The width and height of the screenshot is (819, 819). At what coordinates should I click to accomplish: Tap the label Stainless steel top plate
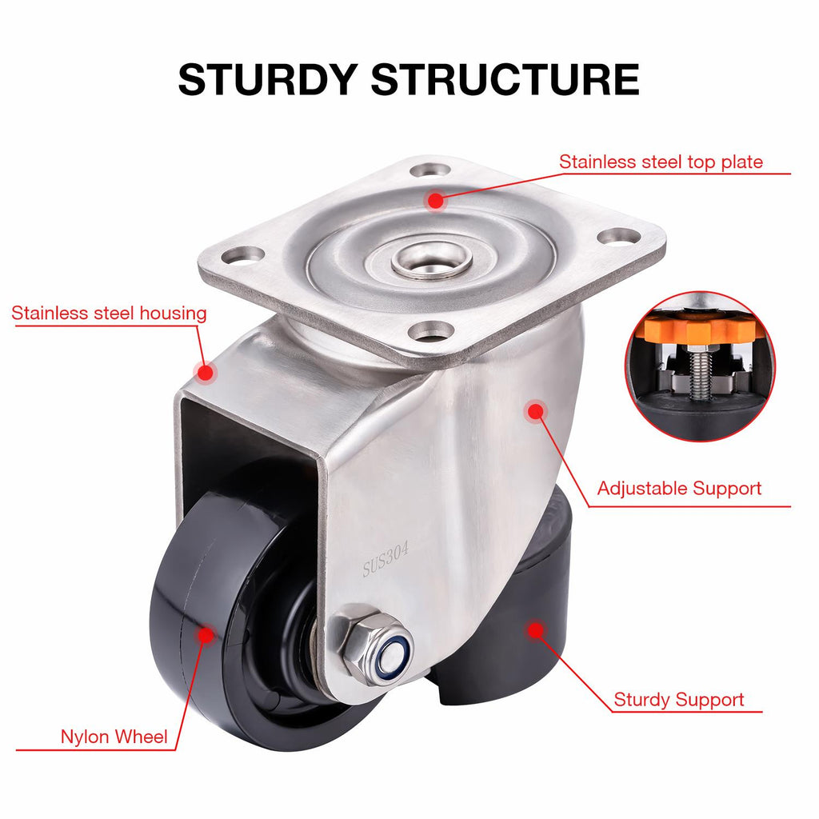pyautogui.click(x=661, y=162)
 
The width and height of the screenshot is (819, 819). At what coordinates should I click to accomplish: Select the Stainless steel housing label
pyautogui.click(x=109, y=314)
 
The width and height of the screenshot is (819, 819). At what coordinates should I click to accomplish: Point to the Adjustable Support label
pyautogui.click(x=680, y=488)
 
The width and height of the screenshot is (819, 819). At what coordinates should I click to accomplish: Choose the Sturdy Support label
pyautogui.click(x=679, y=700)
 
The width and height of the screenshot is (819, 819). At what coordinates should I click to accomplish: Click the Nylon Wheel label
pyautogui.click(x=114, y=737)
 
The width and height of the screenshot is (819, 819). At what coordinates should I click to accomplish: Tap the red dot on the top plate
pyautogui.click(x=435, y=201)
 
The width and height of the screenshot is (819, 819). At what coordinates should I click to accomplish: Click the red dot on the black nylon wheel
pyautogui.click(x=206, y=636)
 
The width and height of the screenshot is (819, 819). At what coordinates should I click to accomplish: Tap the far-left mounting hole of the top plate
pyautogui.click(x=242, y=256)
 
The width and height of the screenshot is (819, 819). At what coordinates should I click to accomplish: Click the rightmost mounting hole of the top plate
pyautogui.click(x=619, y=236)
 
